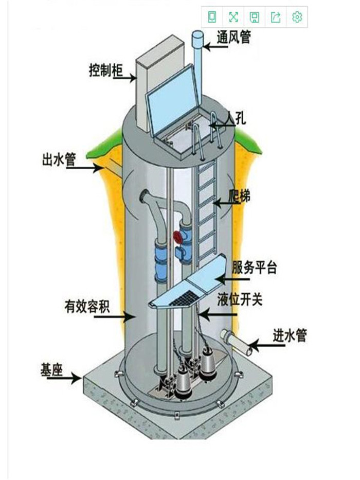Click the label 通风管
[x=234, y=37]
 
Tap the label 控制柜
[x=106, y=70]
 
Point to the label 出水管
[x=59, y=159]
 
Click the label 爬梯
[x=240, y=195]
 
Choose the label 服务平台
[x=254, y=267]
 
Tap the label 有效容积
[x=87, y=306]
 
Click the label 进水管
[x=290, y=335]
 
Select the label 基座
[x=51, y=370]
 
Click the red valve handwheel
[x=177, y=237]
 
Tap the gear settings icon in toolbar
[x=297, y=17]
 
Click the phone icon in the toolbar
[x=212, y=17]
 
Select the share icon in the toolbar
[x=276, y=17]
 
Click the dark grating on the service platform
[x=184, y=298]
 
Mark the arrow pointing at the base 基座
[x=65, y=378]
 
